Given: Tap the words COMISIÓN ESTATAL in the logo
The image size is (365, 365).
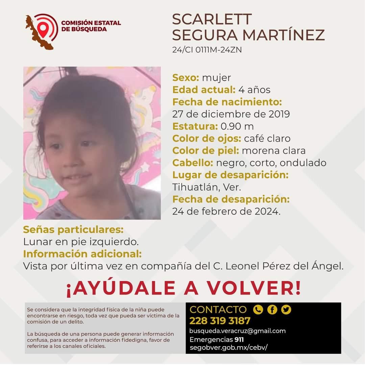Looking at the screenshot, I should tap(91, 23).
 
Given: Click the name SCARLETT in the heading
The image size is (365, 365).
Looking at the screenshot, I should tap(212, 20).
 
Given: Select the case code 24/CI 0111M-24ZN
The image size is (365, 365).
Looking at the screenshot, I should tap(207, 50).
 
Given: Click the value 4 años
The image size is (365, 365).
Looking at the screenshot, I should tap(254, 90).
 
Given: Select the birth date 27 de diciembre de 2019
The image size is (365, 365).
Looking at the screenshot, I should tap(231, 114).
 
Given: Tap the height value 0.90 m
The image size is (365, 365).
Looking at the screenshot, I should tap(237, 126).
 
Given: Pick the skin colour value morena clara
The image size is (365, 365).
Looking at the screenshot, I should tap(274, 151).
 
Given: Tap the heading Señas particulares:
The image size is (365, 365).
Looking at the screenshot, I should tap(73, 230).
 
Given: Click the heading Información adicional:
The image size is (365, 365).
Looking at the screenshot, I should tap(82, 254).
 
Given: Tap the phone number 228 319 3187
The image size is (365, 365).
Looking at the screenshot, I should tap(220, 321).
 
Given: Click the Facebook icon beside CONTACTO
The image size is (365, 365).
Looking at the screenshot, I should tap(272, 310).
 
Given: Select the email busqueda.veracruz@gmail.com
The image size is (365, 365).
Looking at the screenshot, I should tap(238, 331).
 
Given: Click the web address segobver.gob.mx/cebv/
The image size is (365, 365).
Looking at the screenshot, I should tap(228, 347).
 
